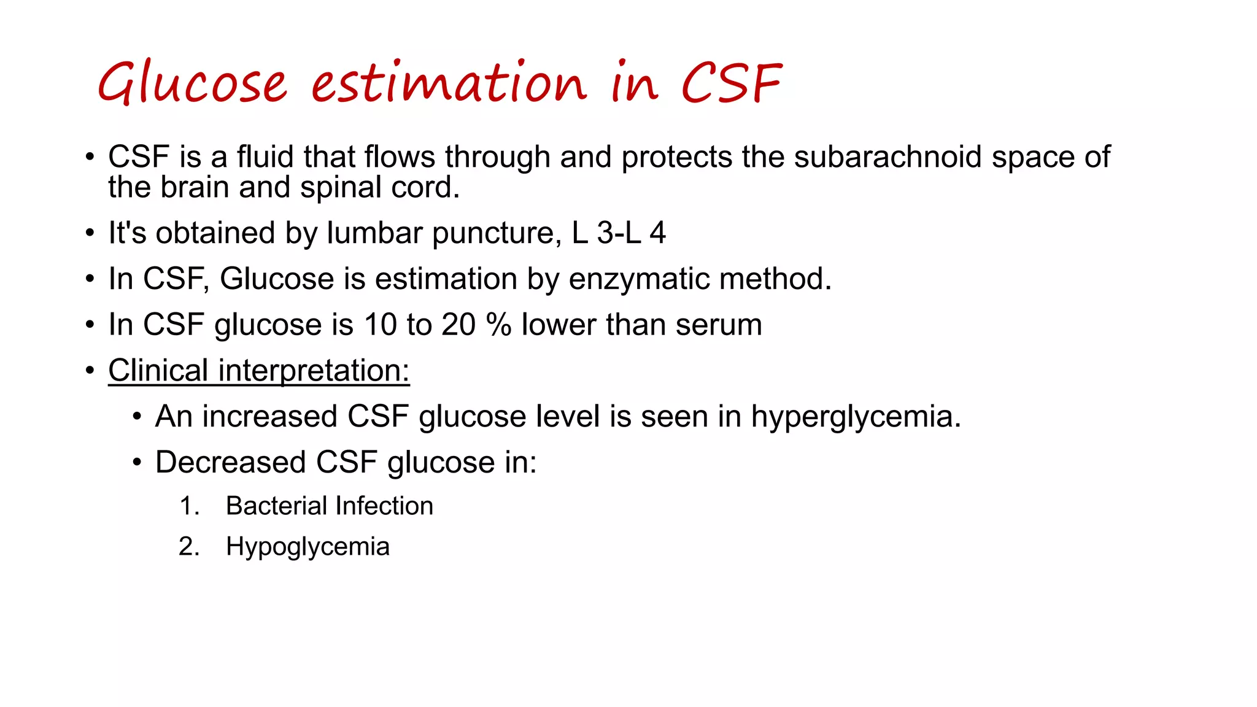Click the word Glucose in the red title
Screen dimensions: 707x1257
pos(192,83)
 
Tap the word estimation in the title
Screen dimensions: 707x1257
pos(449,83)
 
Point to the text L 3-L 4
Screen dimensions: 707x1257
pos(619,233)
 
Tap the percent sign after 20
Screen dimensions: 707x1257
pos(498,325)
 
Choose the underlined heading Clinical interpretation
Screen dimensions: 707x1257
pos(258,371)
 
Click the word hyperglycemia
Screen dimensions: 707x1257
pos(856,417)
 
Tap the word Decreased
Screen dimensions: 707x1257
pos(230,462)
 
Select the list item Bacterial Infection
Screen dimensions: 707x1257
pos(329,506)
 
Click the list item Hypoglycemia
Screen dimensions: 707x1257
pos(307,547)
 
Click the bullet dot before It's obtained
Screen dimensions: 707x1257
pos(90,234)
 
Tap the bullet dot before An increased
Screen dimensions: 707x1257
pos(137,417)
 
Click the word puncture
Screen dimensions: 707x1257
pos(496,233)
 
